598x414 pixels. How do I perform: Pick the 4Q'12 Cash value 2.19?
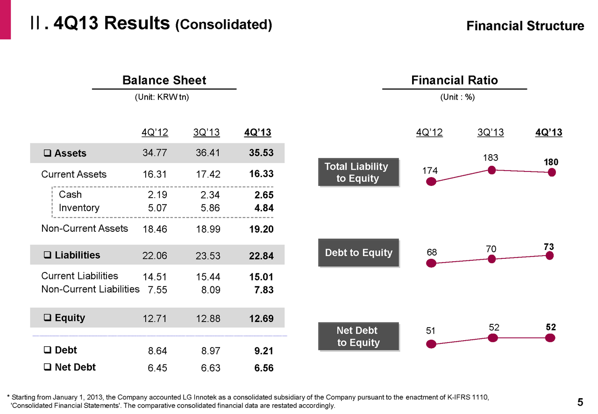(x=157, y=195)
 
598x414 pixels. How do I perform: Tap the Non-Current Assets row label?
(x=85, y=228)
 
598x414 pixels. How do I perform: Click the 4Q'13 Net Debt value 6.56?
(x=263, y=368)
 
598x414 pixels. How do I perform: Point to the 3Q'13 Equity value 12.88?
(x=207, y=319)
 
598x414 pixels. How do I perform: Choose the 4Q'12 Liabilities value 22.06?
(x=155, y=256)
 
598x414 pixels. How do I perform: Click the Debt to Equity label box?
(x=358, y=253)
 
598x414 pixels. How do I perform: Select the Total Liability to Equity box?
(x=358, y=172)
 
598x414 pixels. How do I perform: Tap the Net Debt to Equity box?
(x=358, y=336)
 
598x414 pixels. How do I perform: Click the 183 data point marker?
(x=491, y=170)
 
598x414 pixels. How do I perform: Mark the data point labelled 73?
(x=550, y=256)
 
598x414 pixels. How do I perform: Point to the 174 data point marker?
(x=431, y=181)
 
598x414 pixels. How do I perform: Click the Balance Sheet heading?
(x=164, y=80)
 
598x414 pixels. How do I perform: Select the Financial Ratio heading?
(x=454, y=80)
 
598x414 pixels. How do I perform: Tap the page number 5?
(x=580, y=402)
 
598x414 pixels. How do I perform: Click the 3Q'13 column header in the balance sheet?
(x=206, y=133)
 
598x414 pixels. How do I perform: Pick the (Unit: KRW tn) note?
(x=162, y=98)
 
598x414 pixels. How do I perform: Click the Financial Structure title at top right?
(x=525, y=26)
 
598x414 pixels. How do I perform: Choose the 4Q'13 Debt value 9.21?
(x=263, y=351)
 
